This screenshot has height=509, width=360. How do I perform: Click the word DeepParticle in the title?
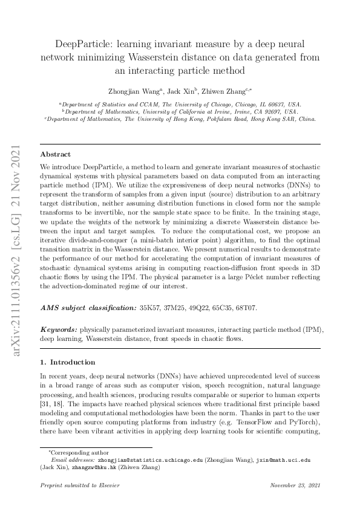point(83,45)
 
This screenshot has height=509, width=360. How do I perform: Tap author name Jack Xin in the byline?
point(181,91)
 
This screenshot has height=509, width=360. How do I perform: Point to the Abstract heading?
point(55,154)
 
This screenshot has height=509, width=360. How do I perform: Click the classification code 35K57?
point(151,308)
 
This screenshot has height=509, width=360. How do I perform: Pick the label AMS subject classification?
point(88,308)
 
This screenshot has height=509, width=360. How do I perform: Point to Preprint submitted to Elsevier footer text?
point(74,486)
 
